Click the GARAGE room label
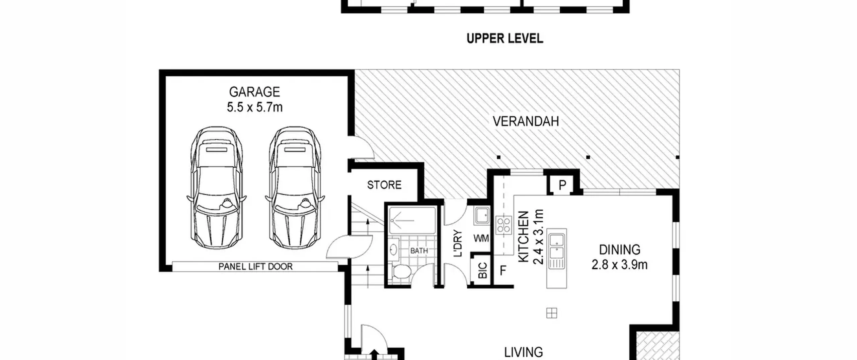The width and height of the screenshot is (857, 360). (254, 92)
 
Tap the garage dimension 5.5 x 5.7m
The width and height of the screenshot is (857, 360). (255, 107)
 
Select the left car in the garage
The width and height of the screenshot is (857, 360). (217, 188)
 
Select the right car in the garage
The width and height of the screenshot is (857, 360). (295, 188)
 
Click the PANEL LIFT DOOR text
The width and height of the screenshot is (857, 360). (255, 267)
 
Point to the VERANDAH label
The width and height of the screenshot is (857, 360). (526, 121)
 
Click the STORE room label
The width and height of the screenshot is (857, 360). (384, 185)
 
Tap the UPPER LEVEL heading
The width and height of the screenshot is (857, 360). (505, 39)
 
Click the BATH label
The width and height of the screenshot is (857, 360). (419, 250)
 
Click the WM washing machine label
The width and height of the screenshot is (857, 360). (481, 238)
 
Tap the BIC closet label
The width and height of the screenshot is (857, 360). (482, 271)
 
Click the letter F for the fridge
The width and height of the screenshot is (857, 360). (503, 271)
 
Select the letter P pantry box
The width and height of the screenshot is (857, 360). (562, 185)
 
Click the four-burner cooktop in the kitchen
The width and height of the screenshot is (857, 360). (504, 225)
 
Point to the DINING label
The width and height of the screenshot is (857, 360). (620, 250)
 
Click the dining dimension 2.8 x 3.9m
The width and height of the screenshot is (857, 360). (620, 265)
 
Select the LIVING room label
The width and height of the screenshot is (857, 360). (524, 352)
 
